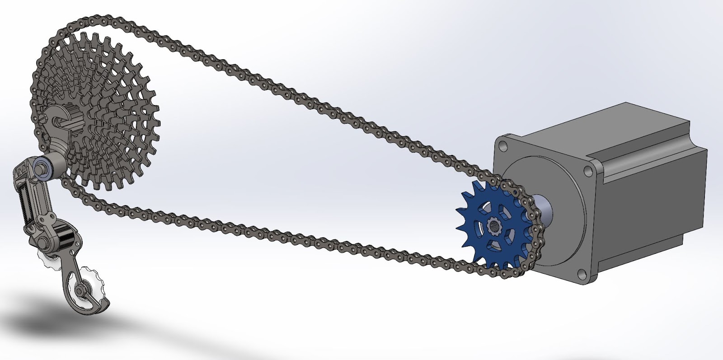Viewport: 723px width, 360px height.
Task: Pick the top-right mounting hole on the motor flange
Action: pyautogui.click(x=587, y=170)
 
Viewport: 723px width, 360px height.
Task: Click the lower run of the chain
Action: pyautogui.click(x=271, y=235)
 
